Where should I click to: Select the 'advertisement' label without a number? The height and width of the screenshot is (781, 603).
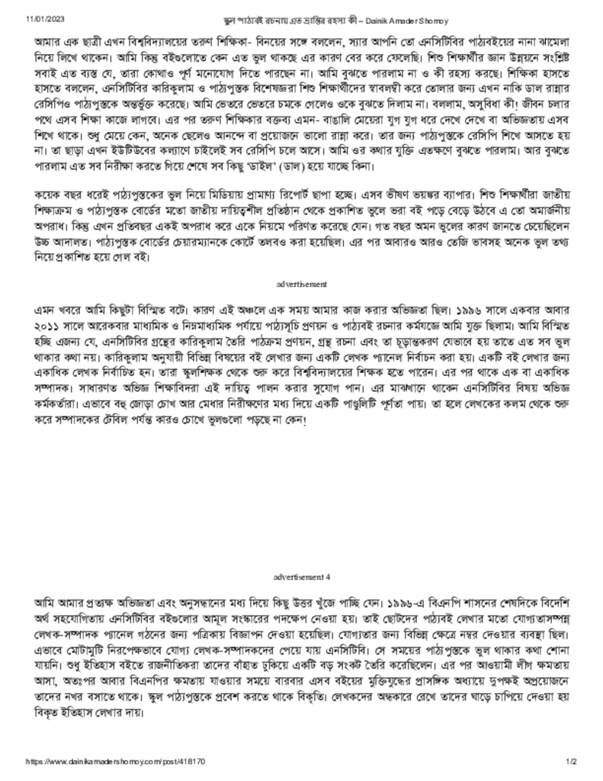tap(301, 284)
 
